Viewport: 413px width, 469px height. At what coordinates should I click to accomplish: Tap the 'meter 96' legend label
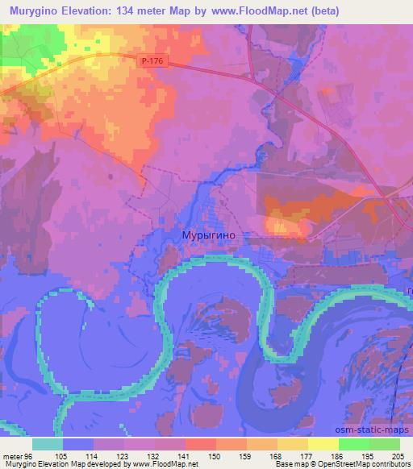coord(18,455)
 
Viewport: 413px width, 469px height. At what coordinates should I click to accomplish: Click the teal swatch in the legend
coord(48,444)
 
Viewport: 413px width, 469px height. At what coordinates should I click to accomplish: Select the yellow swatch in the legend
coord(323,444)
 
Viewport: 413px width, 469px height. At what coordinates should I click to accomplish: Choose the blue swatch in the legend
coord(78,444)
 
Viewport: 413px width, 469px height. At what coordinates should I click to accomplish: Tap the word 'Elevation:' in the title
coord(85,11)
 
